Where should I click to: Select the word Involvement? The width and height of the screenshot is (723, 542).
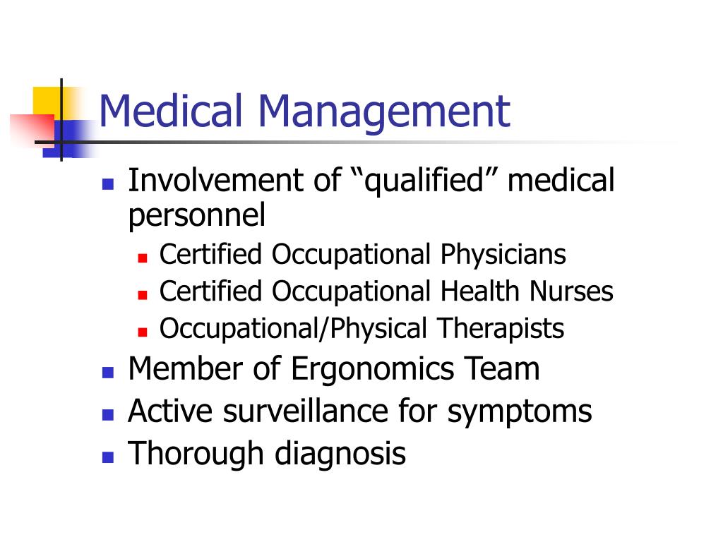(x=215, y=180)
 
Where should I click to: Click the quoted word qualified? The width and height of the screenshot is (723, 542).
(x=424, y=181)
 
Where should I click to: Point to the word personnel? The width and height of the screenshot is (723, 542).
(x=197, y=216)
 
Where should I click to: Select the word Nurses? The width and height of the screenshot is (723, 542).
(x=571, y=291)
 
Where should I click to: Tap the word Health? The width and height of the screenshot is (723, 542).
(x=480, y=291)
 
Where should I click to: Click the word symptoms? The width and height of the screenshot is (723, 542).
(x=520, y=412)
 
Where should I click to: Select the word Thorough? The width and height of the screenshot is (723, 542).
(x=196, y=454)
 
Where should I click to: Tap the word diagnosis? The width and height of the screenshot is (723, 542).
(x=340, y=454)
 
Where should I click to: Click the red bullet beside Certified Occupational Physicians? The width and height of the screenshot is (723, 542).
(x=143, y=258)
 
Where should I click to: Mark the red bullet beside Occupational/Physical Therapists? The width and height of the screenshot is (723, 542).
(x=143, y=332)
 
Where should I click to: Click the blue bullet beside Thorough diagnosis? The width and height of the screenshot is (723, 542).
(x=108, y=457)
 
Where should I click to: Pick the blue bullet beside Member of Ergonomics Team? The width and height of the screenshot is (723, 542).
(x=108, y=372)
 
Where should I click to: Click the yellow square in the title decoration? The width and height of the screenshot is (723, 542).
(x=47, y=102)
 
